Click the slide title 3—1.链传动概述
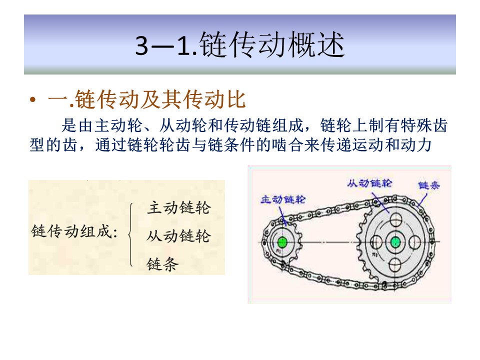(240, 44)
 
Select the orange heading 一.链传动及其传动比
(147, 99)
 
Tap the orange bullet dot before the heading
(33, 99)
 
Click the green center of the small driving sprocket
(282, 242)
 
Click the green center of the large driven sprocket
(395, 242)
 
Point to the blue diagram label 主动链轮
(283, 199)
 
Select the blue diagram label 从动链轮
(369, 183)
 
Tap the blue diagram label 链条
(429, 185)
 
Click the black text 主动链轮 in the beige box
(179, 208)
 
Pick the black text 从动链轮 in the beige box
(179, 236)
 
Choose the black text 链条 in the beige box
(162, 264)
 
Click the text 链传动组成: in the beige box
(74, 231)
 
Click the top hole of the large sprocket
(395, 219)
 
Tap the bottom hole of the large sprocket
(395, 264)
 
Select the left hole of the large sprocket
(375, 242)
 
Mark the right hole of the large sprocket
(415, 242)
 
